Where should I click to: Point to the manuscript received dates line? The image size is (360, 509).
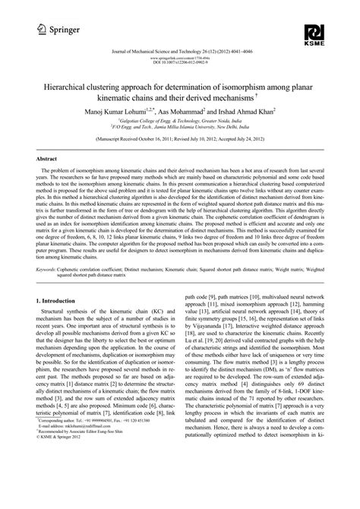181,141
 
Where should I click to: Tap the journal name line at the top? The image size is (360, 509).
181,52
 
